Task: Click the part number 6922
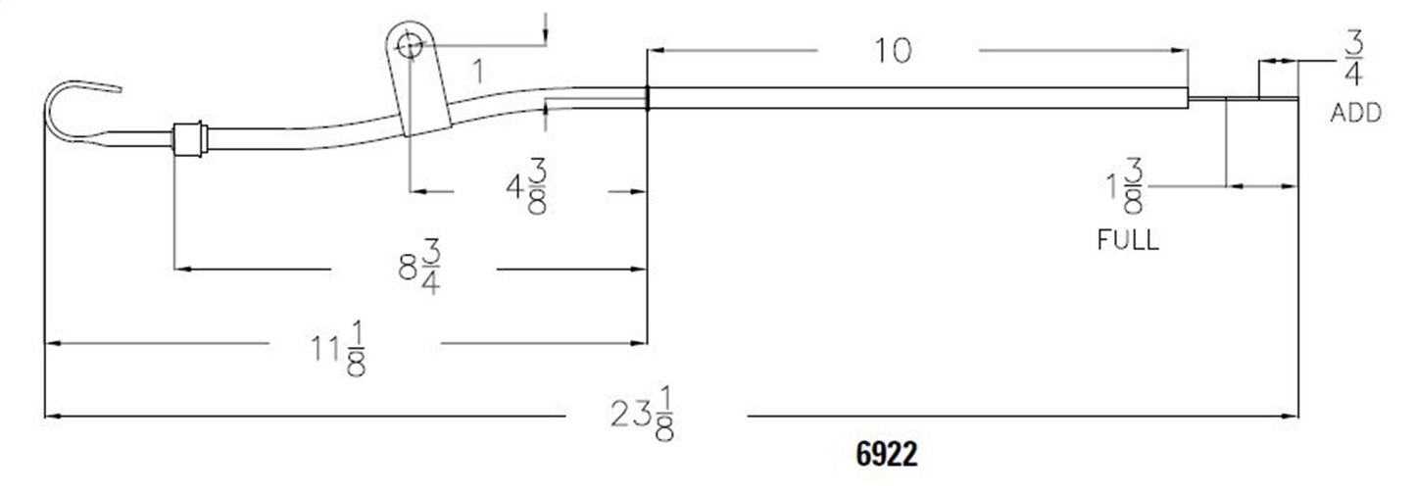coord(886,456)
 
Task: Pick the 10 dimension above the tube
coord(893,50)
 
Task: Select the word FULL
coord(1127,240)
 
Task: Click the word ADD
coord(1356,114)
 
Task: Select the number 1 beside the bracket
coord(477,72)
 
